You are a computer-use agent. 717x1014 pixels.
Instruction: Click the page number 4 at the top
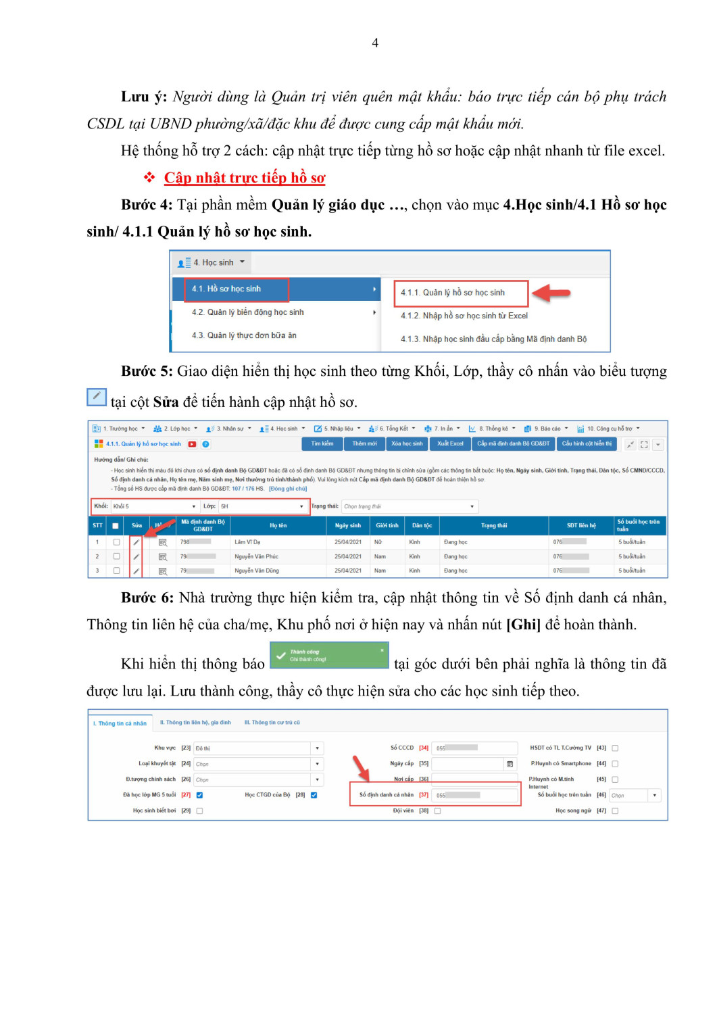[375, 43]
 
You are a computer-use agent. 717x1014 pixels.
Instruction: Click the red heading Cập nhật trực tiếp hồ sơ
[245, 178]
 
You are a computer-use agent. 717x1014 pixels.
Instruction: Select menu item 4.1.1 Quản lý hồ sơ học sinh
[452, 293]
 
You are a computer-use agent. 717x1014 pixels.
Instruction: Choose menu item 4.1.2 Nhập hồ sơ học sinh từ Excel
[464, 316]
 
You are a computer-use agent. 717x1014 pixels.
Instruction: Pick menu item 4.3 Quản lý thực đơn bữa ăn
[244, 335]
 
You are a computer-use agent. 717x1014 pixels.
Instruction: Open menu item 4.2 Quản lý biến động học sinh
[247, 312]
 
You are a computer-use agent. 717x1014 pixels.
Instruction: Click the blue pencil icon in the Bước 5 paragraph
[97, 397]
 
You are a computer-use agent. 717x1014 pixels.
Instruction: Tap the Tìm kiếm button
[322, 444]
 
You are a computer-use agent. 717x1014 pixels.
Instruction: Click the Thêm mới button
[364, 444]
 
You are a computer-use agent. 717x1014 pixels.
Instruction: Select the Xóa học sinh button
[407, 444]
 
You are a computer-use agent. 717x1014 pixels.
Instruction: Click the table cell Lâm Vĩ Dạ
[247, 542]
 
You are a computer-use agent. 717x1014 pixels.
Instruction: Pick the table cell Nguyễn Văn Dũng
[256, 571]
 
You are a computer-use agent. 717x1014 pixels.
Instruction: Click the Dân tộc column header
[422, 525]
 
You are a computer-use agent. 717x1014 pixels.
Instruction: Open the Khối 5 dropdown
[154, 506]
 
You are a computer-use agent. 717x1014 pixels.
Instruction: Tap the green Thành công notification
[329, 655]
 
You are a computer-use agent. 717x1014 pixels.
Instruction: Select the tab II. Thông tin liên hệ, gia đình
[195, 723]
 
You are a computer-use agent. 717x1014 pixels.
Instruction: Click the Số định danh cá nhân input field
[474, 795]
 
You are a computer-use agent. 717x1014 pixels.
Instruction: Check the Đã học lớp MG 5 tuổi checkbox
[199, 795]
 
